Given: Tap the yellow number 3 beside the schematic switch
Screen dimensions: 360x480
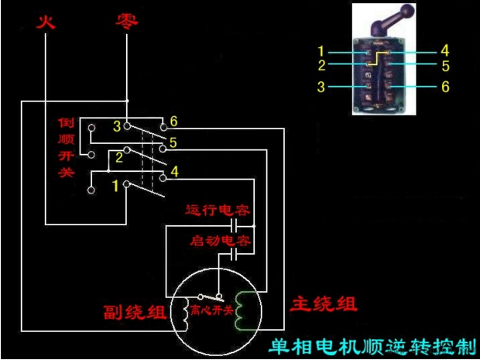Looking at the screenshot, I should click(117, 125).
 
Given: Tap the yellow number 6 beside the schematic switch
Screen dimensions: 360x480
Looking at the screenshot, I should click(174, 122).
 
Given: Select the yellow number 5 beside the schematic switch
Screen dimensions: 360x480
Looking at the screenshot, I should click(174, 142).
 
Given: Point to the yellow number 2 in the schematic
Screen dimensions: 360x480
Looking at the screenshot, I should click(119, 157).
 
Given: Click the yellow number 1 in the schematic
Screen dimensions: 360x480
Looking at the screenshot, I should click(115, 185).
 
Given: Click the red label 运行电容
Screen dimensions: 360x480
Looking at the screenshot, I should click(218, 211).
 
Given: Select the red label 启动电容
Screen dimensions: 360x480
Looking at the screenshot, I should click(221, 241).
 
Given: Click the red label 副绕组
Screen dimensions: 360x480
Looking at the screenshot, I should click(135, 313).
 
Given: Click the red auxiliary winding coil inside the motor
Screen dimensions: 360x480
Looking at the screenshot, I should click(185, 313).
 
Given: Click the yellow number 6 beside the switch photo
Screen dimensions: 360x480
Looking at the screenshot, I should click(445, 87).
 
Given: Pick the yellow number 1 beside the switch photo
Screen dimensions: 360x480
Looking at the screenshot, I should click(321, 52).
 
